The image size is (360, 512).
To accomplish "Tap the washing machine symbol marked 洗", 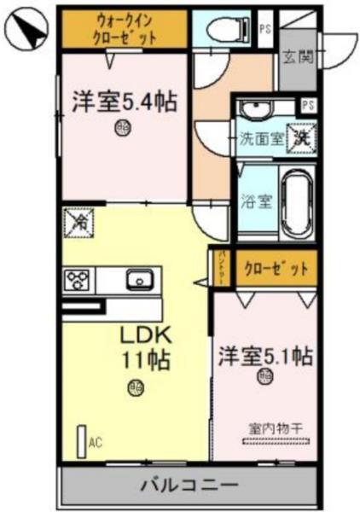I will (302, 136).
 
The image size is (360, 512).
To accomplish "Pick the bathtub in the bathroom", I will (298, 202).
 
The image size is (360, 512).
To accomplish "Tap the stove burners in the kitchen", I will (79, 279).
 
